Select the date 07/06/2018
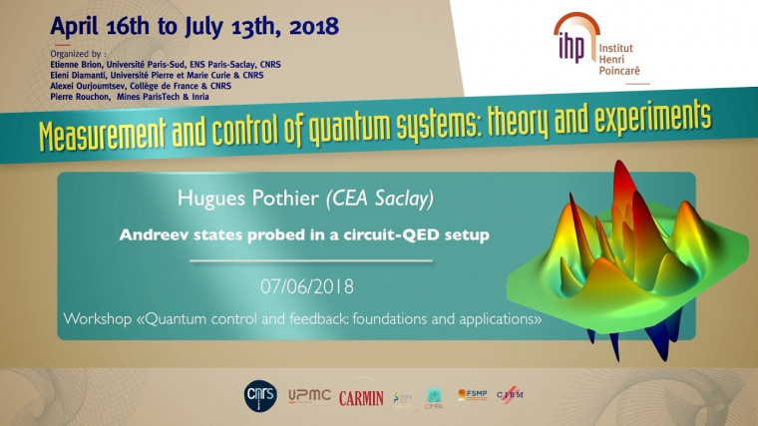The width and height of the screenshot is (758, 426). coord(307,287)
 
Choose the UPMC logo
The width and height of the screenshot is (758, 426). coord(308,397)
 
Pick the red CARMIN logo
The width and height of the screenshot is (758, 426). coord(361,397)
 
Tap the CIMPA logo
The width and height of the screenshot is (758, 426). coord(434,397)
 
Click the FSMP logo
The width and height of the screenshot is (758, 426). coord(472,395)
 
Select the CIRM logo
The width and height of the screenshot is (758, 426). coord(510,395)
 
